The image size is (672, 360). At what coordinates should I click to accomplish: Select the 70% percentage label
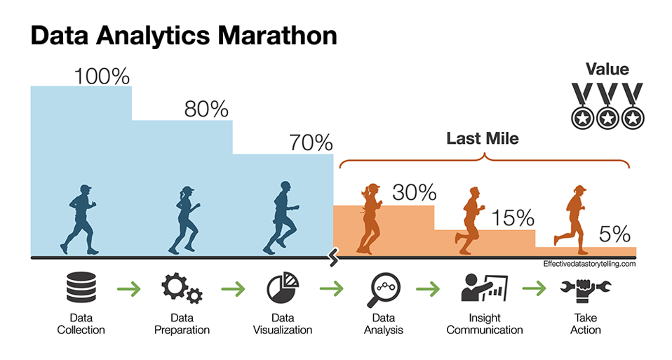310,143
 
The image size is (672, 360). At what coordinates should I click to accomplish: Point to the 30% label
414,192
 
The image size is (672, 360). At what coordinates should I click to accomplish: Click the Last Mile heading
483,138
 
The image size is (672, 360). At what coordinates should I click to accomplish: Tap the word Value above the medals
607,69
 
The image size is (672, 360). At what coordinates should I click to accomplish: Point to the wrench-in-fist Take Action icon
586,289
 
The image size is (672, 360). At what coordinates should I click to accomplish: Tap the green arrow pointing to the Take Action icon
535,288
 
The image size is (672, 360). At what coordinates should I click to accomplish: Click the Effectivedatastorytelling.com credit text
589,264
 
